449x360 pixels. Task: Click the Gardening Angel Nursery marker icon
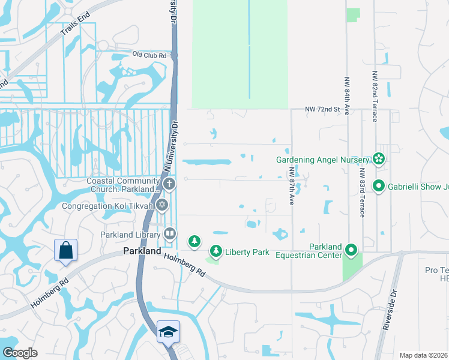378,159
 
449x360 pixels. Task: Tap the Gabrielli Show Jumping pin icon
378,186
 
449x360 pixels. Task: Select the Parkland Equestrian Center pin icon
351,248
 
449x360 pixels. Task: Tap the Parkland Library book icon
170,233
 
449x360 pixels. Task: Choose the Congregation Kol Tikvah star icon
161,206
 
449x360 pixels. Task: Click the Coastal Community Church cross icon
170,184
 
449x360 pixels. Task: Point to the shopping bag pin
65,251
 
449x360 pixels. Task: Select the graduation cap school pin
168,332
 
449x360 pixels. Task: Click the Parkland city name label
142,251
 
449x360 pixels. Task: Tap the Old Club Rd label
149,55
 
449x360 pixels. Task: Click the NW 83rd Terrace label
361,192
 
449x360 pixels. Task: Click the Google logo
19,353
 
